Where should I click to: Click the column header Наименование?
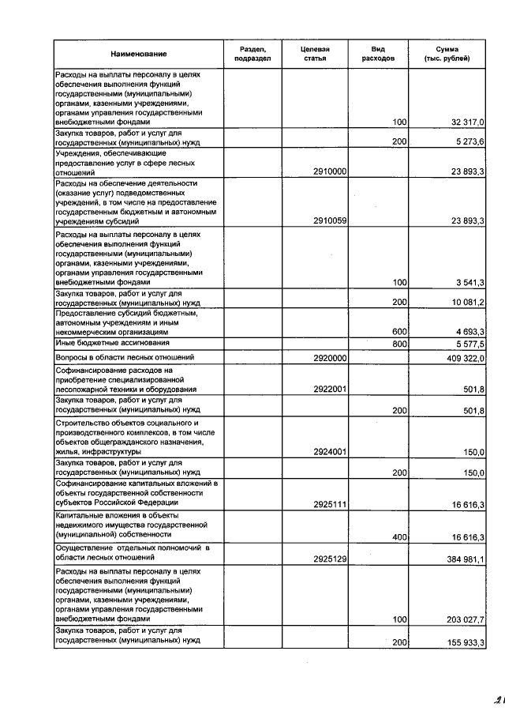click(x=139, y=54)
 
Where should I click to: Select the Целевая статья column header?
click(x=315, y=54)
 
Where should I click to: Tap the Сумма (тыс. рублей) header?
click(x=447, y=54)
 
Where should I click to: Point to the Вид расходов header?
click(x=378, y=54)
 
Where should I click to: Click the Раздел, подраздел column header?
click(x=253, y=54)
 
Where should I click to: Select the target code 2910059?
click(x=330, y=221)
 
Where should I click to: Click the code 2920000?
click(x=330, y=358)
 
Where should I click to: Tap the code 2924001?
click(x=330, y=452)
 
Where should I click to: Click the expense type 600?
click(x=399, y=332)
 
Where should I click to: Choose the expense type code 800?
click(x=399, y=344)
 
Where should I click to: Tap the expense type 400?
click(x=399, y=537)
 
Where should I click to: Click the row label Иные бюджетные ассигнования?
click(x=103, y=344)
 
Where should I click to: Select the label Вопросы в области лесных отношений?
click(x=115, y=358)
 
